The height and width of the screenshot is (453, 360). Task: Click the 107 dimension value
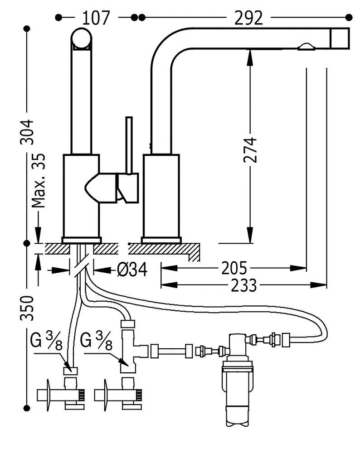(x=96, y=18)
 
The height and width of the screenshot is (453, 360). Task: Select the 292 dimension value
(x=248, y=18)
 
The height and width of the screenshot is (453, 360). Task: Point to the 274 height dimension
(x=250, y=150)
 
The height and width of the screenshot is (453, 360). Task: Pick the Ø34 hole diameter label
(x=132, y=270)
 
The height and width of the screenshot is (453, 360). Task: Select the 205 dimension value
(x=234, y=268)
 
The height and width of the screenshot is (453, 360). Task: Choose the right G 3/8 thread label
(x=97, y=340)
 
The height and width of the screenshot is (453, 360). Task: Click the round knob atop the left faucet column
(x=82, y=38)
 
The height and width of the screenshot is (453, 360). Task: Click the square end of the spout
(x=339, y=39)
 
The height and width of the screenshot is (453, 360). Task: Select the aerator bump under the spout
(x=306, y=46)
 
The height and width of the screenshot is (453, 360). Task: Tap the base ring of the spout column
(x=161, y=240)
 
